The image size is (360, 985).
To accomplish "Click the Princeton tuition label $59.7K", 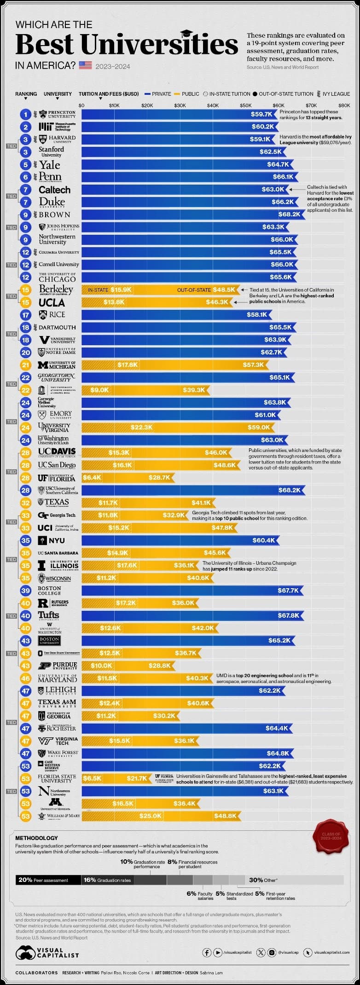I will click(x=261, y=114).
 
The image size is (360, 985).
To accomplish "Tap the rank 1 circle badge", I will click(x=26, y=114).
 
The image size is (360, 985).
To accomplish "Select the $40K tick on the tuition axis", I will click(x=213, y=105).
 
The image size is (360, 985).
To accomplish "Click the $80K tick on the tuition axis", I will click(x=344, y=105).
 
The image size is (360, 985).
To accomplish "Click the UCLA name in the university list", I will click(x=52, y=302).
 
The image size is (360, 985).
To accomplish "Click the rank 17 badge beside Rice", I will click(x=26, y=315).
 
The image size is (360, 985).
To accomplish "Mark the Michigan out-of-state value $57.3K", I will click(x=253, y=365).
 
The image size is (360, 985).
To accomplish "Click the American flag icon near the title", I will click(x=86, y=65).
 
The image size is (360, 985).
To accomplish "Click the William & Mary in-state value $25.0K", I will click(x=151, y=816).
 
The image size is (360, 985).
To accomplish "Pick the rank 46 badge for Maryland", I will click(x=26, y=678).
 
